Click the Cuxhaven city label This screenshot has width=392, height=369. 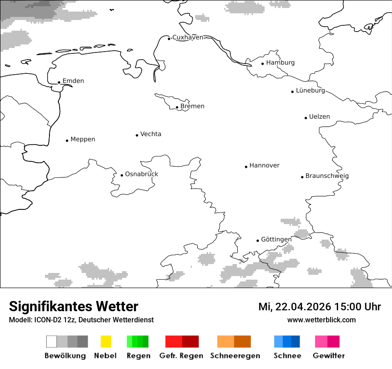pyautogui.click(x=188, y=37)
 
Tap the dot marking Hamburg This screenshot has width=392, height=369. pyautogui.click(x=262, y=63)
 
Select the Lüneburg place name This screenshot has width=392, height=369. pyautogui.click(x=310, y=91)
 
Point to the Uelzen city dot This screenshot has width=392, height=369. pyautogui.click(x=306, y=118)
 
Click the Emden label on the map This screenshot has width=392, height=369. pyautogui.click(x=73, y=81)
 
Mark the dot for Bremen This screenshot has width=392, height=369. pyautogui.click(x=177, y=107)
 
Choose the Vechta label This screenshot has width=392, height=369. pyautogui.click(x=151, y=134)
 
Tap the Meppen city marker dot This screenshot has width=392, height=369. pyautogui.click(x=67, y=140)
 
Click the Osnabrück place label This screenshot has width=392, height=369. pyautogui.click(x=141, y=174)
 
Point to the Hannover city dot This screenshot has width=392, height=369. pyautogui.click(x=246, y=167)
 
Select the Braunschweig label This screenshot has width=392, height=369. pyautogui.click(x=327, y=176)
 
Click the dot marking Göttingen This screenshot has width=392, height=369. pyautogui.click(x=257, y=241)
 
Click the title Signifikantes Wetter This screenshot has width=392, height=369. pyautogui.click(x=73, y=307)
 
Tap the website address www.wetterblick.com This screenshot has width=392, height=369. pyautogui.click(x=321, y=320)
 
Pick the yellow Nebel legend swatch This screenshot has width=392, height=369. pyautogui.click(x=106, y=341)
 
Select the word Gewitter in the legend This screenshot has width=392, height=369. pyautogui.click(x=328, y=356)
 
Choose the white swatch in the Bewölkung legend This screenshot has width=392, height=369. pyautogui.click(x=51, y=341)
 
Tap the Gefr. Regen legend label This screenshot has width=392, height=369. pyautogui.click(x=181, y=356)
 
